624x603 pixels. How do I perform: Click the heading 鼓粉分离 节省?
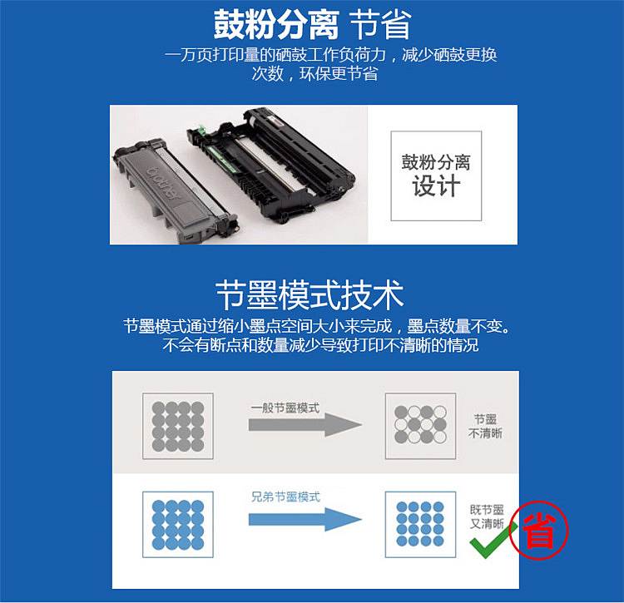[x=312, y=25]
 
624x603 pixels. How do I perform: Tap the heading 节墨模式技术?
[x=310, y=294]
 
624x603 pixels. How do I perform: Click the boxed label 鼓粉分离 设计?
[x=436, y=175]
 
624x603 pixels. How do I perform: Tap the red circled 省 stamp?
[x=539, y=530]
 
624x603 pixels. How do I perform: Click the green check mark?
[x=492, y=540]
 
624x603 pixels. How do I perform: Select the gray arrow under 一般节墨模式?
[x=305, y=425]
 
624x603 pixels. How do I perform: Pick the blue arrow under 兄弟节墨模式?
[x=305, y=520]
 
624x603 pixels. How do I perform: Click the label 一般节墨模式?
[x=285, y=408]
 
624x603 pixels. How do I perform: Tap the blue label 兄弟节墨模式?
[x=285, y=497]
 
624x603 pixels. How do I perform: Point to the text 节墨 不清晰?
[x=486, y=426]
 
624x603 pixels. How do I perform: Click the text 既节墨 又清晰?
[x=487, y=517]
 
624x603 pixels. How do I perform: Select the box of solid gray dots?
[x=178, y=426]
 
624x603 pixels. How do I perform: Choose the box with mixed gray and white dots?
[x=421, y=426]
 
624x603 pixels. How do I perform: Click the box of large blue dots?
[x=178, y=524]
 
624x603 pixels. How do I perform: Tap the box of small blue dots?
[x=421, y=524]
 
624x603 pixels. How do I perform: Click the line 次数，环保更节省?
[x=314, y=74]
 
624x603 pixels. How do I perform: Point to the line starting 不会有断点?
[x=321, y=345]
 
